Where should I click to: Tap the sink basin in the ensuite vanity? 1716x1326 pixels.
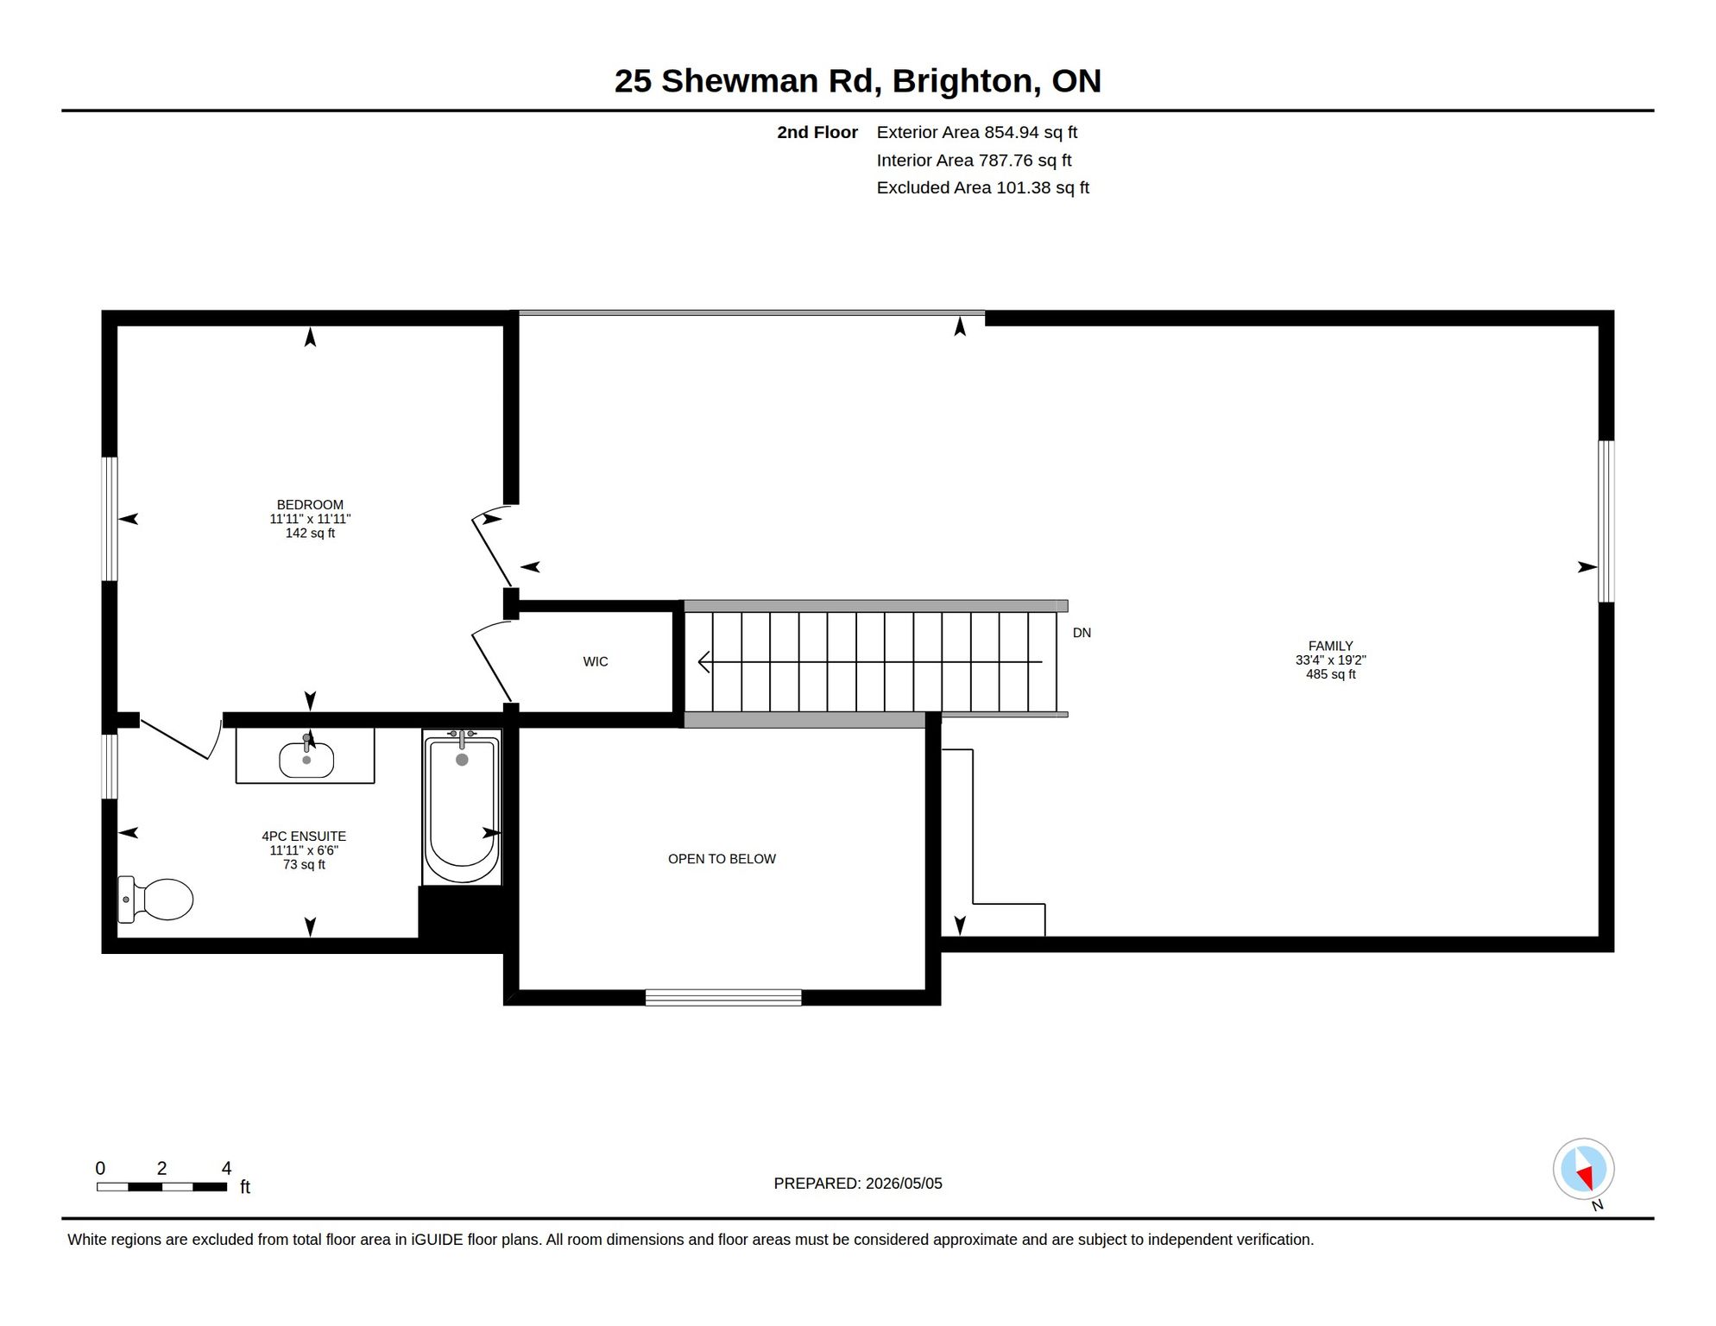point(306,760)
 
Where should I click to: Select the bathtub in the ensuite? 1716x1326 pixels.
point(462,807)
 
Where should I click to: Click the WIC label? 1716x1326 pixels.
point(596,662)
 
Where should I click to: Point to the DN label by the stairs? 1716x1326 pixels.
point(1082,633)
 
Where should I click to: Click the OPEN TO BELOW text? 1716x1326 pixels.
point(722,859)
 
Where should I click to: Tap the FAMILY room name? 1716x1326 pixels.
point(1330,646)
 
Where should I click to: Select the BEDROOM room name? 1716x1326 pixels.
point(310,505)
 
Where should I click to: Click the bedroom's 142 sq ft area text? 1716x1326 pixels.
point(310,534)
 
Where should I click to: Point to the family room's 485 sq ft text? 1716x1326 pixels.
point(1330,674)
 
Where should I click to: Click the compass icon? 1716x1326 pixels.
point(1584,1170)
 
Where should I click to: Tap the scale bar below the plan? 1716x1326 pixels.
point(161,1187)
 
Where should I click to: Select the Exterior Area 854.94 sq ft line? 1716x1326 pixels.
point(977,132)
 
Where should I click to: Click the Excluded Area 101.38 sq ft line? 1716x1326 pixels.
point(983,187)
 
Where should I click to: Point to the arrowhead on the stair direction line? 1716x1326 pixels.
point(703,662)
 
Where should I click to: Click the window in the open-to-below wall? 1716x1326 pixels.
point(723,998)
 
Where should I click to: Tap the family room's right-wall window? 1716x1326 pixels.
point(1606,521)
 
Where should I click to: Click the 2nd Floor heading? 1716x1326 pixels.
point(817,132)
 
